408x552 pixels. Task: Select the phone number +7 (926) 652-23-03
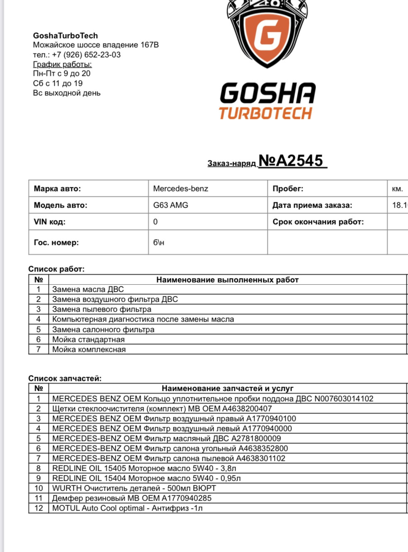[86, 55]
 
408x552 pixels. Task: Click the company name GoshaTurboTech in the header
[66, 36]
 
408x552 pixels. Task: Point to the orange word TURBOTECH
[265, 113]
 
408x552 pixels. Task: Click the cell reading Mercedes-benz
[181, 189]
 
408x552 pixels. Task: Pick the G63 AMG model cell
[170, 205]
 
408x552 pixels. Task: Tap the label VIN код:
[49, 222]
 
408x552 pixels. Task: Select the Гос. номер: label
[56, 242]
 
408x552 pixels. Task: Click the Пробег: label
[288, 189]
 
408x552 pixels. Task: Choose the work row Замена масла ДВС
[88, 289]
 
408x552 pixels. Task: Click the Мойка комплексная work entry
[89, 349]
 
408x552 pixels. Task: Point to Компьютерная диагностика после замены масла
[143, 319]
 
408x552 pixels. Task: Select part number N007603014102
[344, 399]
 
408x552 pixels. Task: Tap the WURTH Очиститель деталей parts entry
[134, 488]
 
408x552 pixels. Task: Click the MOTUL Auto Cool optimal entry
[127, 508]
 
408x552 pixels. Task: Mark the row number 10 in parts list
[39, 488]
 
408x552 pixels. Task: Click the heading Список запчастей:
[65, 378]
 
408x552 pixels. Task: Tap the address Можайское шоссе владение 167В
[96, 45]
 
